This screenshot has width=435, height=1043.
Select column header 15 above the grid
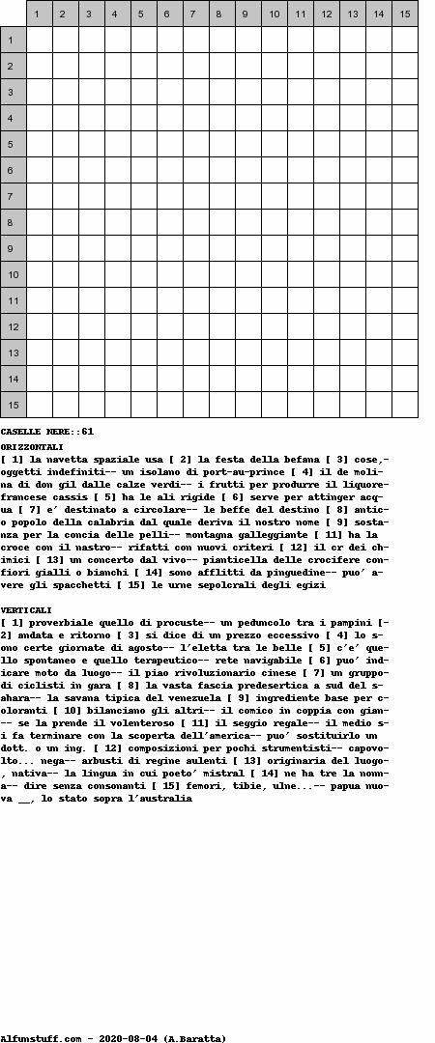point(405,14)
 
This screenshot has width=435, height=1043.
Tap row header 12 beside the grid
point(14,326)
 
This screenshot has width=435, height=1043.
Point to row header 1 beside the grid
point(14,40)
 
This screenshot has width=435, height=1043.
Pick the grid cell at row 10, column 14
point(379,274)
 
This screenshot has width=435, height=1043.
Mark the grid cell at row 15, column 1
point(40,405)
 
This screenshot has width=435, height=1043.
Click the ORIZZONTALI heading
point(32,447)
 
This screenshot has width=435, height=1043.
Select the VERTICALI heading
point(27,610)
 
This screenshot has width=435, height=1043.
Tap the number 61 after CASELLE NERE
point(88,431)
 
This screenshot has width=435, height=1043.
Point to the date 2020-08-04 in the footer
point(128,1038)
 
